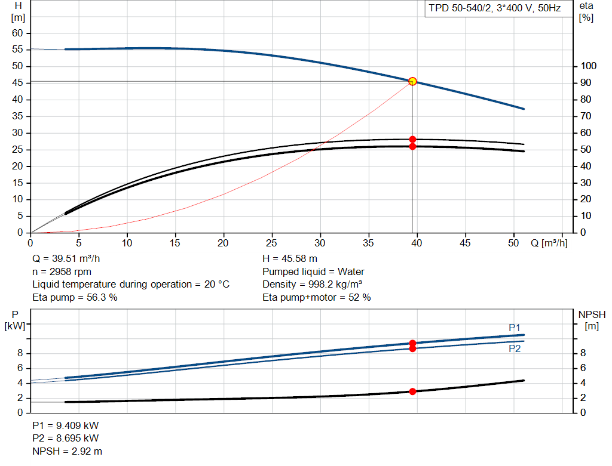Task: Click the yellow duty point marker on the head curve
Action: (x=412, y=81)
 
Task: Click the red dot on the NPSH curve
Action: (x=412, y=391)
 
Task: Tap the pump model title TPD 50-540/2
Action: (x=460, y=8)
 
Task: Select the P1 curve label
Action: (x=515, y=328)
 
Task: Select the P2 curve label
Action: (x=515, y=348)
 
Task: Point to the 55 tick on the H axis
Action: (x=17, y=49)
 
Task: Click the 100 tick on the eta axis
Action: (x=588, y=66)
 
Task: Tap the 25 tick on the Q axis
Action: (x=272, y=243)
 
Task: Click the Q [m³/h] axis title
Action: (x=549, y=243)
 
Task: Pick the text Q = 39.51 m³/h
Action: (x=66, y=259)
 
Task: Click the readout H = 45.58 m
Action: (x=290, y=259)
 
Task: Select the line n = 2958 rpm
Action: (x=62, y=271)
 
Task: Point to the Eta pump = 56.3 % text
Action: (x=75, y=297)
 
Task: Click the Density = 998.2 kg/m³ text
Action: (x=312, y=285)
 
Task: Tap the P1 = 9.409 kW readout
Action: (x=66, y=425)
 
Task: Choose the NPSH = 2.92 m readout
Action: (x=67, y=451)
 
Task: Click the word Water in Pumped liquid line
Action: (x=351, y=271)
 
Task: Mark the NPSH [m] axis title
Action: (x=592, y=320)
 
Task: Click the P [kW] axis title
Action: (x=15, y=320)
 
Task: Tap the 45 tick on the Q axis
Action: (x=465, y=243)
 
